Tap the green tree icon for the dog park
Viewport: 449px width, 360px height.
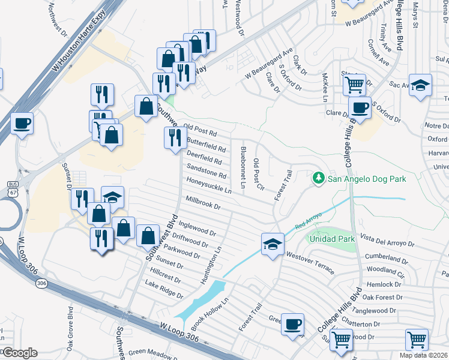pos(318,178)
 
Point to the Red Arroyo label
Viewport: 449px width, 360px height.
pos(309,220)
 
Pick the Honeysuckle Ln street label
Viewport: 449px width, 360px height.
pos(209,185)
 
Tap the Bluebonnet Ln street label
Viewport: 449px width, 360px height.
pos(243,167)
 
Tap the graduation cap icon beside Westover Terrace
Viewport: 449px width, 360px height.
pos(273,244)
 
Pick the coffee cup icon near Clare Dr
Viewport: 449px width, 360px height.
pos(360,107)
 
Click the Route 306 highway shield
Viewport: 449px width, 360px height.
pos(41,283)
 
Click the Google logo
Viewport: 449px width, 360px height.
pos(19,353)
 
